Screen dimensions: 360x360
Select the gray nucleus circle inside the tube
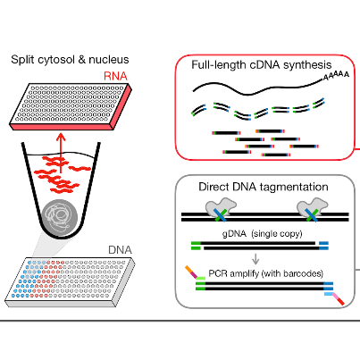(60, 213)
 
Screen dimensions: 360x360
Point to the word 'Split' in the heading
(23, 59)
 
